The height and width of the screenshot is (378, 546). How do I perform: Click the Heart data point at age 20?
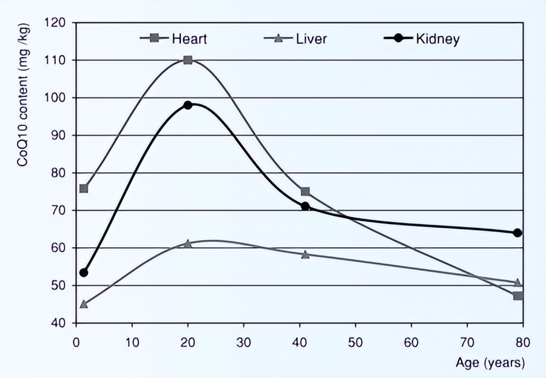tap(188, 60)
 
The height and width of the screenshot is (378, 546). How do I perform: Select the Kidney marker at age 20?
tap(188, 105)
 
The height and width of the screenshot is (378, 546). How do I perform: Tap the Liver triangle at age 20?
tap(188, 244)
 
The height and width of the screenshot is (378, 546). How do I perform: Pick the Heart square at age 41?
tap(305, 191)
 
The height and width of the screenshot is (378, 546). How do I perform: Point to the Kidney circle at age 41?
tap(305, 207)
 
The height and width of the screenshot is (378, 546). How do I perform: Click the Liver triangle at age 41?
tap(305, 254)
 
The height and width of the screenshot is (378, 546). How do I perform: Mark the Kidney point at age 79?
tap(517, 233)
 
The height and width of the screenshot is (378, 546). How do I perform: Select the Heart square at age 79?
tap(517, 296)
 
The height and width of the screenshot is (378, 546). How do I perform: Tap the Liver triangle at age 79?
tap(517, 282)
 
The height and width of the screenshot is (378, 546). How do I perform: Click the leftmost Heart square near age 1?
tap(84, 188)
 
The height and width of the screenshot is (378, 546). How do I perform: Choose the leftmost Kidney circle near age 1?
tap(84, 273)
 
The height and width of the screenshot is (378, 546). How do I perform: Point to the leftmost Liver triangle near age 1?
tap(84, 303)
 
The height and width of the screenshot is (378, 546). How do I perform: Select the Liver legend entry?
tap(300, 39)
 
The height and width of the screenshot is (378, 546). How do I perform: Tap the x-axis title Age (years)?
tap(490, 363)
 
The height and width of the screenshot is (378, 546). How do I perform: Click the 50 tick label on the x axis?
tap(355, 342)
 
